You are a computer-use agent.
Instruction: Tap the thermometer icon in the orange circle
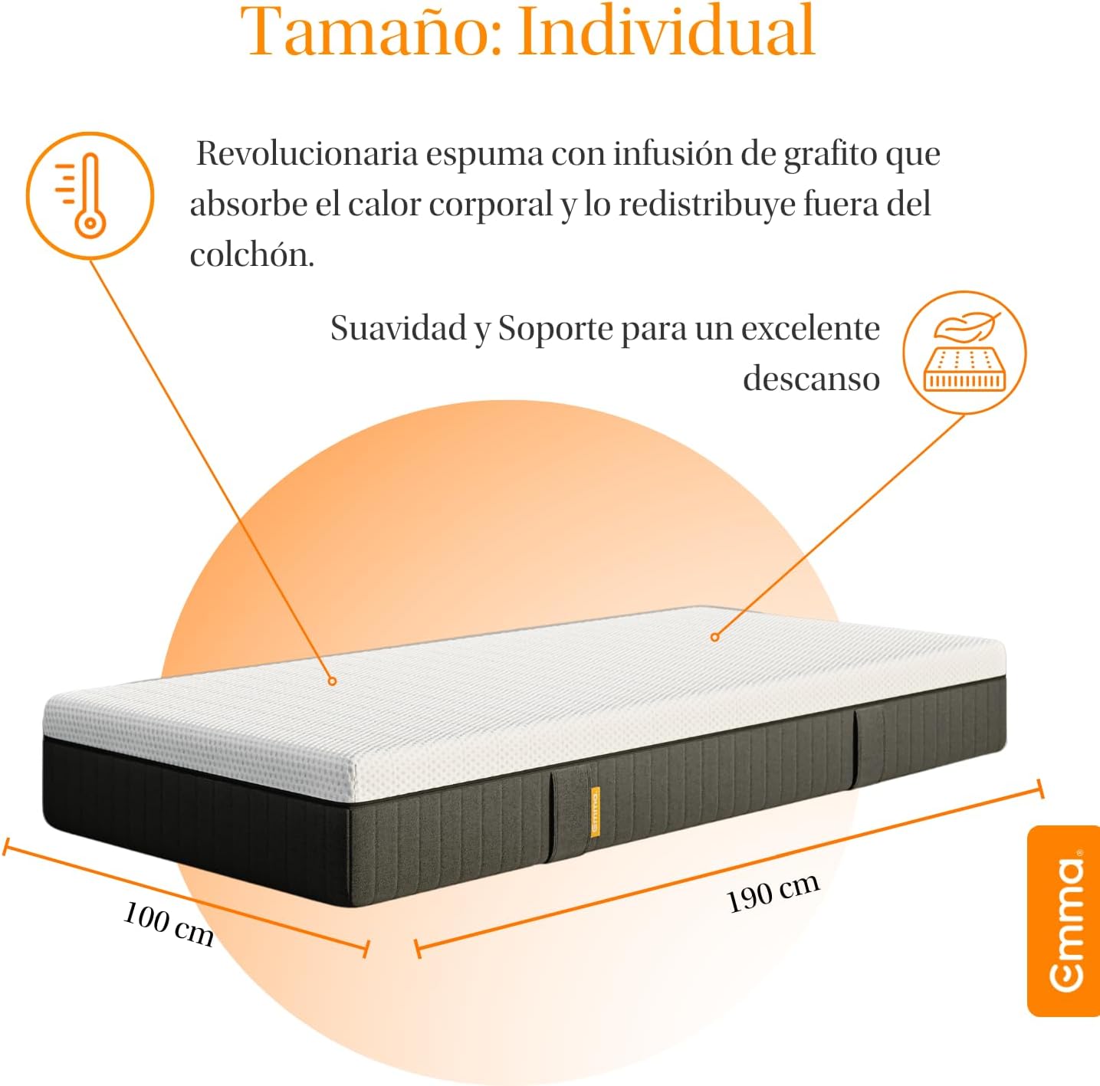(x=90, y=195)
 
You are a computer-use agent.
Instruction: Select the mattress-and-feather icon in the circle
(x=965, y=353)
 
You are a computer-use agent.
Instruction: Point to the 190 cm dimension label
(x=773, y=893)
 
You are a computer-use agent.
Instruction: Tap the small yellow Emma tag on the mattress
(x=596, y=813)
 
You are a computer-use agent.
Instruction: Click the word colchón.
(x=251, y=254)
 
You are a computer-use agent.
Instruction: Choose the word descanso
(x=811, y=379)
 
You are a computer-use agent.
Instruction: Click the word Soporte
(x=556, y=330)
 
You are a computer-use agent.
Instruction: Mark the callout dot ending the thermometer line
(x=332, y=681)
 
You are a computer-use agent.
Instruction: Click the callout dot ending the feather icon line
(x=714, y=637)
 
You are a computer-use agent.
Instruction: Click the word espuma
(x=484, y=156)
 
